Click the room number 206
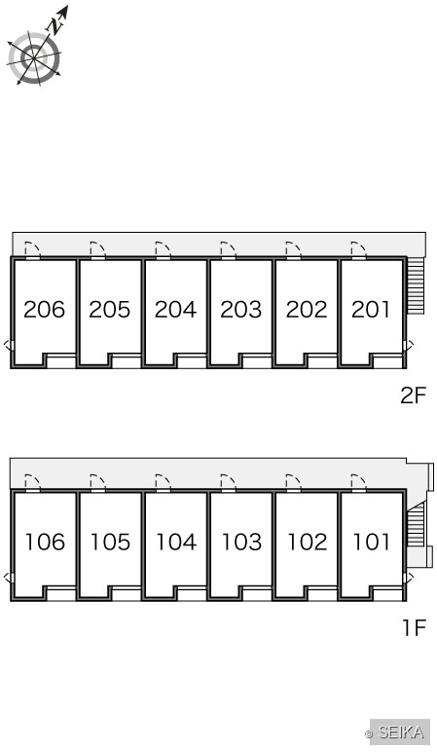click(x=44, y=310)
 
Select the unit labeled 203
click(x=241, y=310)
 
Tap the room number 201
click(x=371, y=310)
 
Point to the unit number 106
click(x=45, y=542)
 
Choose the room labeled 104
click(x=176, y=542)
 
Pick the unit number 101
click(x=372, y=542)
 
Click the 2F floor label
click(x=413, y=395)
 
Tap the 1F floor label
click(x=414, y=627)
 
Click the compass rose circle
click(x=34, y=58)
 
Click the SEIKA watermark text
click(x=401, y=733)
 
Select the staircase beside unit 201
click(x=416, y=285)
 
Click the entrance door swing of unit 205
click(x=97, y=250)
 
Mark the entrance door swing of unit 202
click(x=293, y=250)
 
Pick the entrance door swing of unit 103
click(x=228, y=482)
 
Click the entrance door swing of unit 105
click(x=97, y=482)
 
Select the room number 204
click(x=175, y=310)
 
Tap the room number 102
click(x=308, y=542)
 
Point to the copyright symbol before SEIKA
click(x=369, y=734)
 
